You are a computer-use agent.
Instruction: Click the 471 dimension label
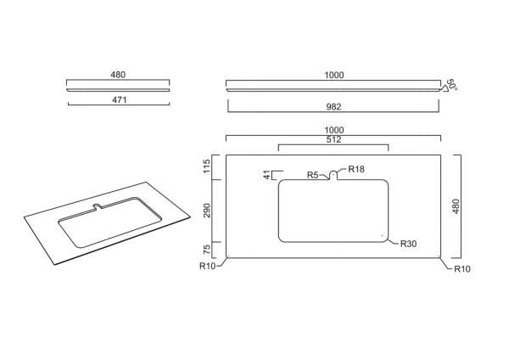[119, 99]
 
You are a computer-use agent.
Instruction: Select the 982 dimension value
[333, 107]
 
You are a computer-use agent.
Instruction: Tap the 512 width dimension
[333, 140]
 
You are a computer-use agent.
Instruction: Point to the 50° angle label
[452, 84]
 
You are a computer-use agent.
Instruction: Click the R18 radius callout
[356, 169]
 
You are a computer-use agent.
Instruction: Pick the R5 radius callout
[312, 175]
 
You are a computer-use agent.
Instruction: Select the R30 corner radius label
[408, 244]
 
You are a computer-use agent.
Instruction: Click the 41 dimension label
[267, 175]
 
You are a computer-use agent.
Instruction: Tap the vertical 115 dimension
[207, 166]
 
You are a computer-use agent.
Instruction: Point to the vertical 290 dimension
[207, 211]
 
